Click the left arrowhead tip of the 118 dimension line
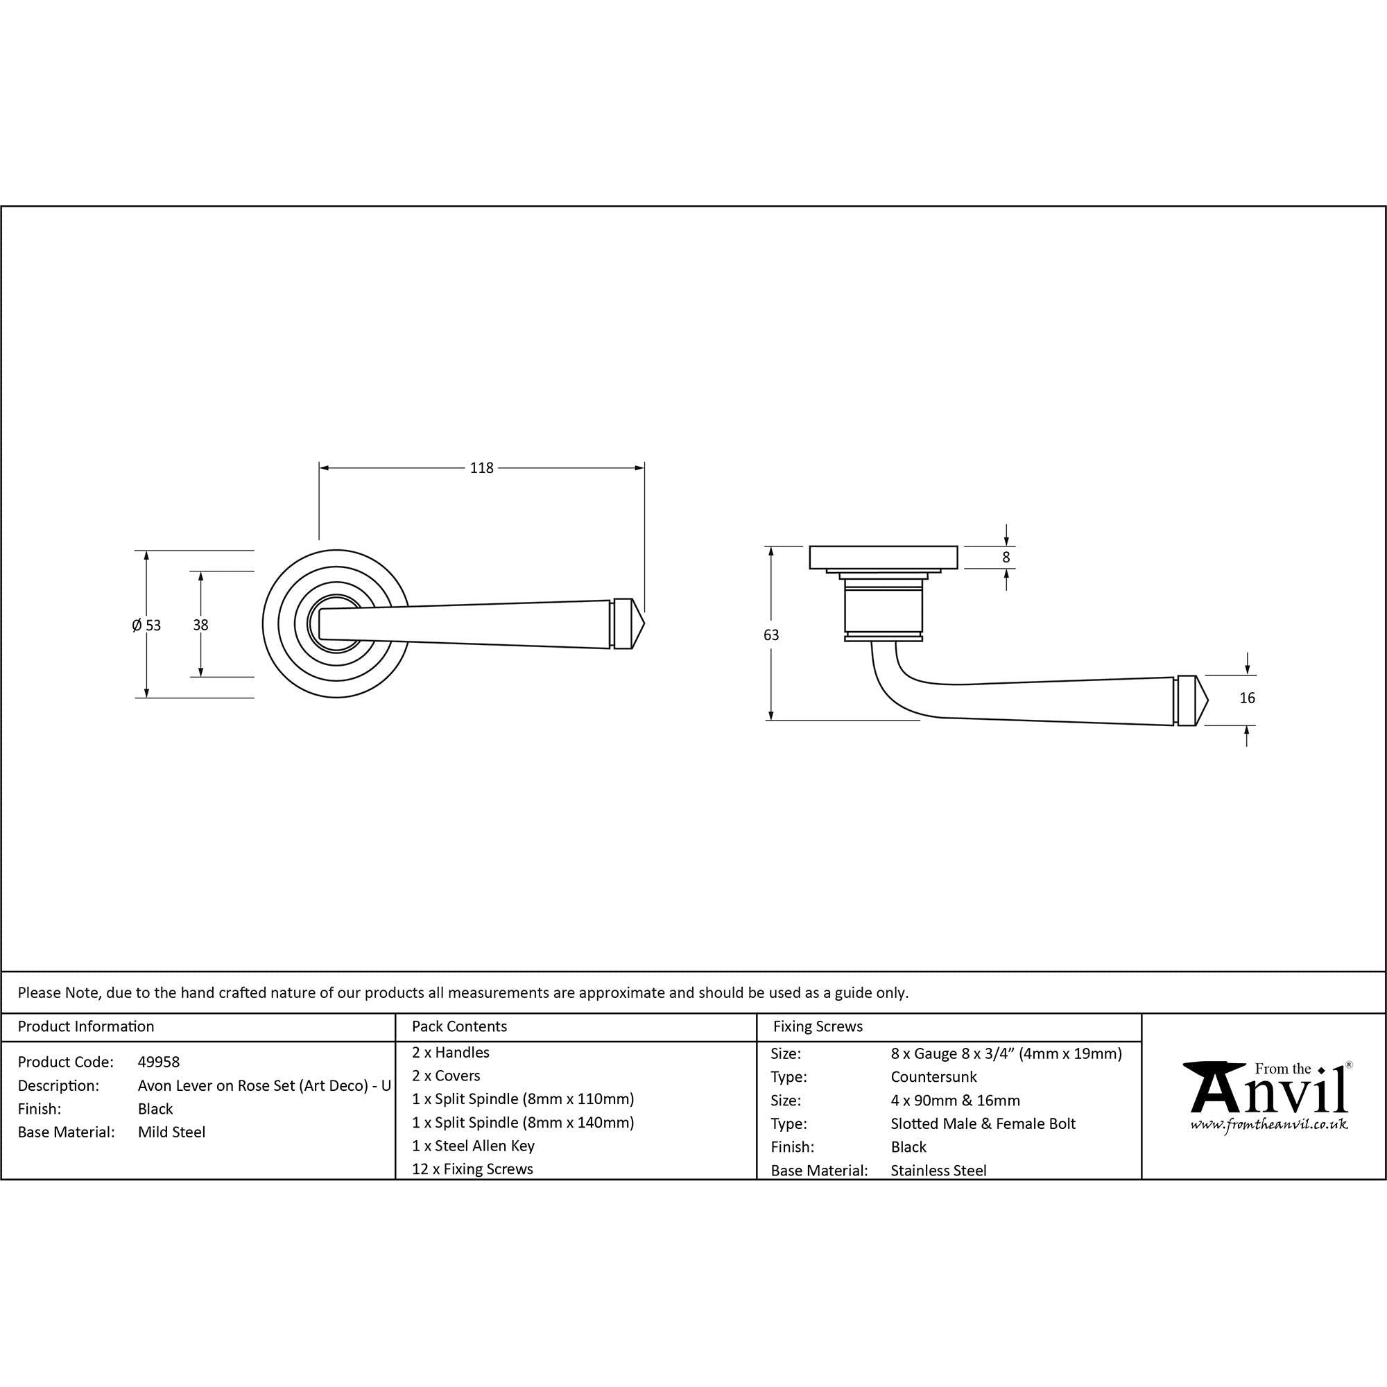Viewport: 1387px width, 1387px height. tap(320, 468)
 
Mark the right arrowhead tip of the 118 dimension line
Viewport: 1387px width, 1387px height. tap(644, 468)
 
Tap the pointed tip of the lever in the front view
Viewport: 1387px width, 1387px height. tap(646, 624)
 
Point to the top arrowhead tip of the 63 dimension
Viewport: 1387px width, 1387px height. tap(771, 547)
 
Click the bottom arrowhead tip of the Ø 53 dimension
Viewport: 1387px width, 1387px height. tap(146, 697)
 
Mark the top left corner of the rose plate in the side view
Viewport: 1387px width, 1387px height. tap(810, 547)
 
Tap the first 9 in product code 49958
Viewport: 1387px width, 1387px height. tap(150, 1062)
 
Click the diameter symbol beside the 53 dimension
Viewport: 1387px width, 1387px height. tap(137, 626)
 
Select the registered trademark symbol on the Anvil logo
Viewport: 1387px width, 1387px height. tap(1348, 1065)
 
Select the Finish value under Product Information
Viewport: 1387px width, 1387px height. tap(156, 1108)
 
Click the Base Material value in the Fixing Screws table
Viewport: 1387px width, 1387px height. tap(938, 1170)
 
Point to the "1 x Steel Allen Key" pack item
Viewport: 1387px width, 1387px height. tap(473, 1146)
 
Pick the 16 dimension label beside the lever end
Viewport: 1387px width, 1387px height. tap(1247, 698)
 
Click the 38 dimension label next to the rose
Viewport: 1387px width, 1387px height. tap(200, 626)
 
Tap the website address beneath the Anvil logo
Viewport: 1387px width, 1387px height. tap(1268, 1124)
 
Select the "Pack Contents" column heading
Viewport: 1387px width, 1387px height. tap(460, 1026)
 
